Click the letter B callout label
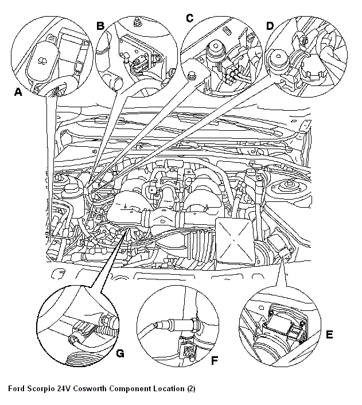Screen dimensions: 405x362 pyautogui.click(x=100, y=25)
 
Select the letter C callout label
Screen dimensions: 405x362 pyautogui.click(x=189, y=18)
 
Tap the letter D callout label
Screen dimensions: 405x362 pyautogui.click(x=270, y=25)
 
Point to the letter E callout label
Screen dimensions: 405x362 pyautogui.click(x=329, y=334)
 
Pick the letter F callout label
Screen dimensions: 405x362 pyautogui.click(x=215, y=361)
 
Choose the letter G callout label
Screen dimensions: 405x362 pyautogui.click(x=120, y=353)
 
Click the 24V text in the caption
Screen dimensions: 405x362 pyautogui.click(x=64, y=388)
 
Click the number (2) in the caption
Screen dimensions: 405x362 pyautogui.click(x=191, y=388)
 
